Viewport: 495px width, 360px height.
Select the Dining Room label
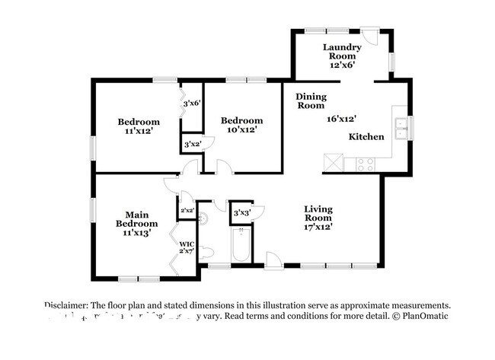[x=310, y=101]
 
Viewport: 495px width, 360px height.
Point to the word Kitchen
[x=366, y=137]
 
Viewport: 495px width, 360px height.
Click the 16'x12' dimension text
[x=342, y=119]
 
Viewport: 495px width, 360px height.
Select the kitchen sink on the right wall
[x=399, y=129]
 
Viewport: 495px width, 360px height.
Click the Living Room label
[x=318, y=213]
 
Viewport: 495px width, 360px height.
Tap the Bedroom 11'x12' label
[x=138, y=126]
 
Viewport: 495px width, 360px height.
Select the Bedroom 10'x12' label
[x=241, y=125]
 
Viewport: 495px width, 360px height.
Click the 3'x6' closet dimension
[x=190, y=103]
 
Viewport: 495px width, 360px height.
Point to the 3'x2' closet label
[x=192, y=142]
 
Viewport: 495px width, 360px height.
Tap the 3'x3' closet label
[x=242, y=212]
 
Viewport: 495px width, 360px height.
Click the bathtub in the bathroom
[x=241, y=244]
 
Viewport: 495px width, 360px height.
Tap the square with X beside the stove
[x=333, y=163]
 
